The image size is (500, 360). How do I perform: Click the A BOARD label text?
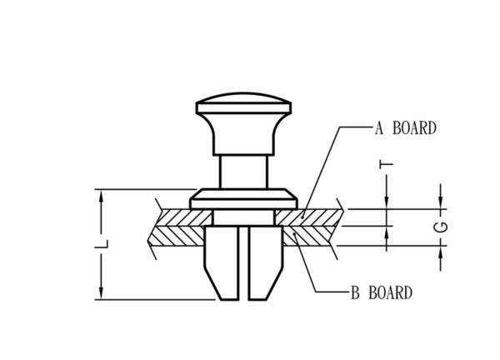[x=405, y=127]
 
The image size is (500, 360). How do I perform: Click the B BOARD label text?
[x=382, y=292]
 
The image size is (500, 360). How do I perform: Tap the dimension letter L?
[x=102, y=244]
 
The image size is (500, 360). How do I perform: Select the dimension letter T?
[x=387, y=164]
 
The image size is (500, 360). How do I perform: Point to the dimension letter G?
[x=441, y=227]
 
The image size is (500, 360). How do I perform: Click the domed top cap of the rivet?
[x=243, y=103]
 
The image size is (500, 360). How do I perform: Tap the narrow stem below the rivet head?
[x=243, y=172]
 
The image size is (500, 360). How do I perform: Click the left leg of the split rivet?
[x=222, y=262]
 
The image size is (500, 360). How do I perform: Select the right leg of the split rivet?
[x=266, y=262]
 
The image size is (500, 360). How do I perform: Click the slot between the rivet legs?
[x=243, y=263]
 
